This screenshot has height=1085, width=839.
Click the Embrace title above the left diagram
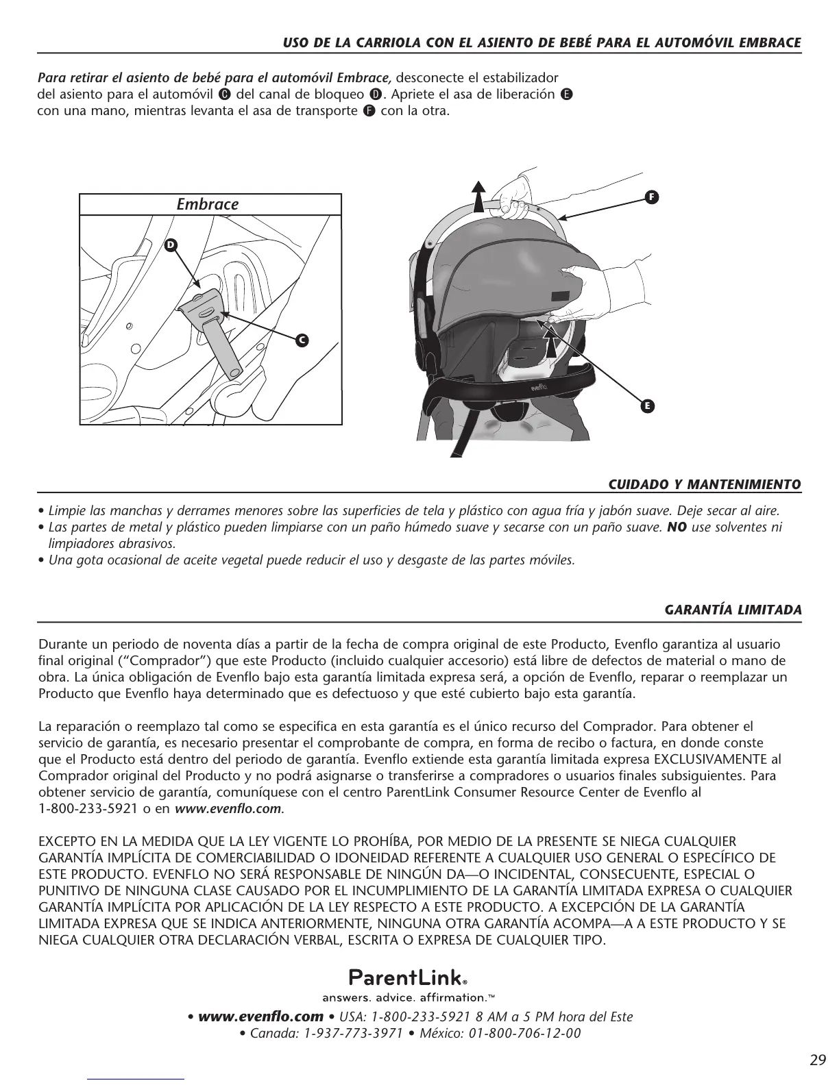tap(208, 205)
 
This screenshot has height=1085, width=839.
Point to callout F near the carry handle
tap(651, 197)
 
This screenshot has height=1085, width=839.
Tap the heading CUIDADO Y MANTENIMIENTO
tap(705, 484)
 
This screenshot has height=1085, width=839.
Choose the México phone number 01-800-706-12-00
tap(524, 1034)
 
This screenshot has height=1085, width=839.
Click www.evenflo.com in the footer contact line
tap(260, 1017)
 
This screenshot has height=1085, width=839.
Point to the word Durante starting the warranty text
tap(62, 645)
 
